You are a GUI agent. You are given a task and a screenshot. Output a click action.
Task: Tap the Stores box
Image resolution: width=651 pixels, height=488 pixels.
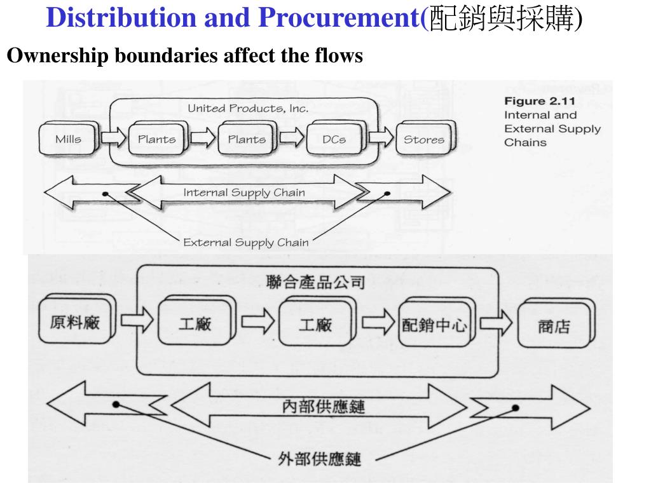(x=424, y=140)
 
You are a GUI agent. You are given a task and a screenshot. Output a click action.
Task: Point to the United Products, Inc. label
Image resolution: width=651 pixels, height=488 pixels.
(x=248, y=109)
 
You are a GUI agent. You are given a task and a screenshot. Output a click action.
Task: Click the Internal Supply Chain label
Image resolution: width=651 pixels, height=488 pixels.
(x=244, y=193)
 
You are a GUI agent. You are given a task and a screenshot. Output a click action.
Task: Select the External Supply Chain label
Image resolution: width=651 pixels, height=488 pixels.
(x=245, y=242)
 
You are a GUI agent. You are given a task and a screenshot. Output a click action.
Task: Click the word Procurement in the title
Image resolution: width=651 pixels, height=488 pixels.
(x=338, y=18)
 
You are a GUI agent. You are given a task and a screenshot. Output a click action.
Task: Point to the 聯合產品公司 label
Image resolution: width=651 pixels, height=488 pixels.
(x=316, y=281)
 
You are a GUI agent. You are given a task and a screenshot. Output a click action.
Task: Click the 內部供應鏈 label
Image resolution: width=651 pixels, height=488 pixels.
(x=324, y=406)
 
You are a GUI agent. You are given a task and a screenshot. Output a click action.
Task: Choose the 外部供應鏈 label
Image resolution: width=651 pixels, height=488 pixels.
(x=320, y=457)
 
